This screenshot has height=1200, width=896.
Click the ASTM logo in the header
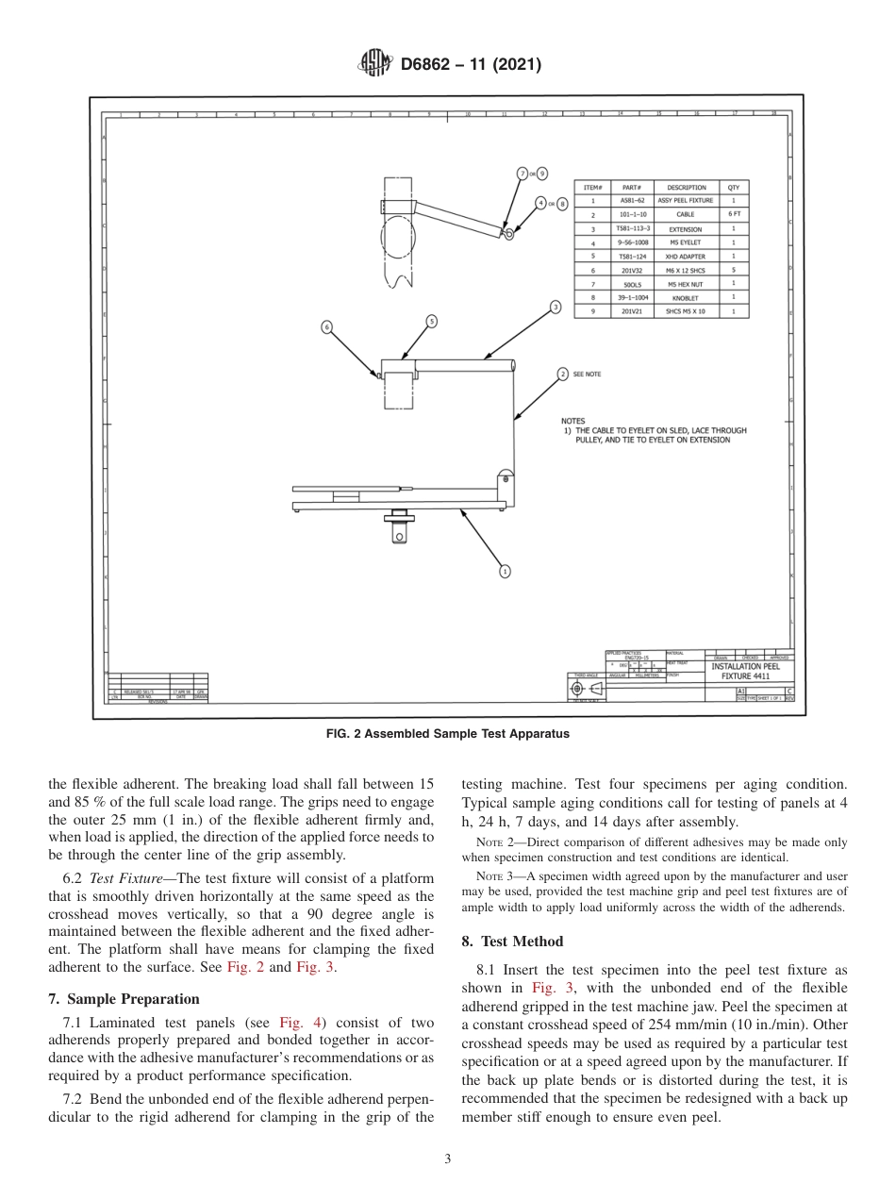click(375, 64)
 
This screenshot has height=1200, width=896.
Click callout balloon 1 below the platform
click(505, 571)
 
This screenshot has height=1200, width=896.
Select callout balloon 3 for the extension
click(556, 307)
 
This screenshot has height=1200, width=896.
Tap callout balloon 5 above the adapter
click(431, 321)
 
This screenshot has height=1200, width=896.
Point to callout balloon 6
click(327, 326)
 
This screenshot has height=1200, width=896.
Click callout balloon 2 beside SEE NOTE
click(563, 374)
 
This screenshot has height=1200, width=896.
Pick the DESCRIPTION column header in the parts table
click(686, 187)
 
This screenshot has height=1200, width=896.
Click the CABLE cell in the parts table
click(686, 214)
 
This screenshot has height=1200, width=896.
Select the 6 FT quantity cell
click(733, 214)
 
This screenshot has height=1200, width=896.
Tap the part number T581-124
click(633, 256)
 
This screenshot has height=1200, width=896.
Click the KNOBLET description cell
click(686, 296)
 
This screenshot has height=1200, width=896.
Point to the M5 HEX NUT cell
click(686, 283)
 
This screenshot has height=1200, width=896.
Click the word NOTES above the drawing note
click(572, 421)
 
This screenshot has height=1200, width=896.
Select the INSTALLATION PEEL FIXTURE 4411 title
click(751, 671)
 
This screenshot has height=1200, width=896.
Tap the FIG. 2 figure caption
click(448, 734)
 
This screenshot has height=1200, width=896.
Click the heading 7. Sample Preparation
click(124, 998)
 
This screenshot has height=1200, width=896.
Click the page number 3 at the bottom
click(447, 1158)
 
